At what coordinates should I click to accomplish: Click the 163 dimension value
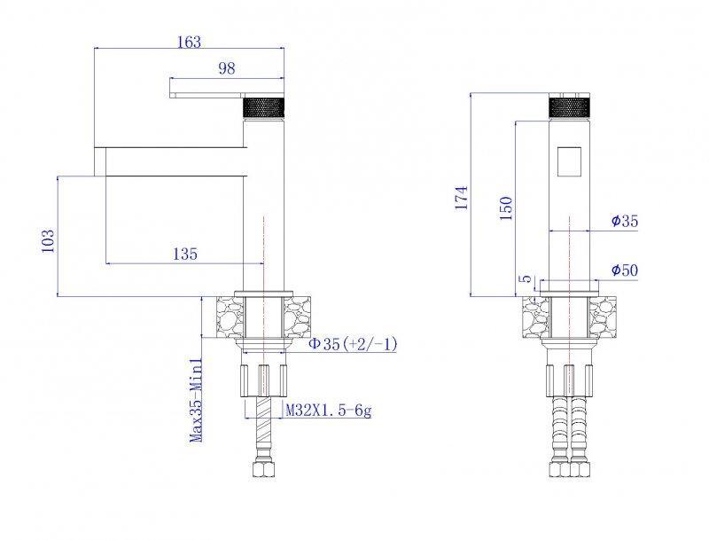pos(189,42)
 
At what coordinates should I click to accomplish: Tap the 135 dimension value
pos(184,254)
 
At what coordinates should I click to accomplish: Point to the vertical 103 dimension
pos(48,239)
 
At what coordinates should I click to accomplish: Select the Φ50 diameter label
pos(625,270)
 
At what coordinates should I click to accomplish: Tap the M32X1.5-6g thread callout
pos(327,411)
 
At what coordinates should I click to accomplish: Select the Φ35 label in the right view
pos(625,221)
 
